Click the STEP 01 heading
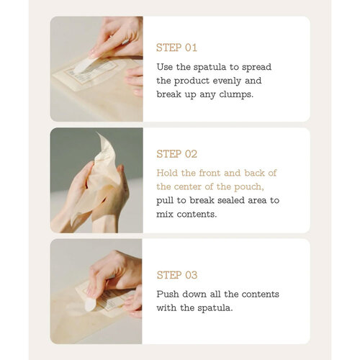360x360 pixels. pyautogui.click(x=176, y=48)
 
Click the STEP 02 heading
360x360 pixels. pyautogui.click(x=177, y=154)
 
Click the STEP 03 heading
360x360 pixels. pyautogui.click(x=177, y=275)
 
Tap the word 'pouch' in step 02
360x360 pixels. pyautogui.click(x=254, y=186)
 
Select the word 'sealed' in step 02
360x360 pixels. pyautogui.click(x=244, y=199)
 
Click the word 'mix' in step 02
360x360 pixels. pyautogui.click(x=165, y=213)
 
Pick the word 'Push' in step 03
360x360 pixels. pyautogui.click(x=168, y=294)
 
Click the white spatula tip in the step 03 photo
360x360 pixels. pyautogui.click(x=91, y=305)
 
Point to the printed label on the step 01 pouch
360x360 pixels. pyautogui.click(x=95, y=71)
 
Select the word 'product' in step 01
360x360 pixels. pyautogui.click(x=196, y=80)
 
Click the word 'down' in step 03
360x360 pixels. pyautogui.click(x=202, y=294)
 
